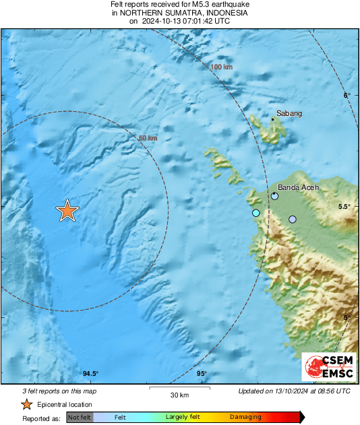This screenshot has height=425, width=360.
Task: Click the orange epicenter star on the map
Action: click(67, 211)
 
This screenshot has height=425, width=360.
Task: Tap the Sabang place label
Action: click(289, 114)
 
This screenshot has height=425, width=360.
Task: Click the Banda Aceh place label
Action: click(298, 188)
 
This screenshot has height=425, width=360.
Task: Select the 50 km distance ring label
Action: click(148, 138)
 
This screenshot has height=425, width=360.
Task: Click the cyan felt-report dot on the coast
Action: click(256, 213)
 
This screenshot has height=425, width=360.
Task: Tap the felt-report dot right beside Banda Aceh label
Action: click(275, 197)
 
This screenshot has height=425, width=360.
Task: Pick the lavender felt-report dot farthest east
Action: click(293, 219)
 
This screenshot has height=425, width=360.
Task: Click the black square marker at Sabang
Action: click(272, 120)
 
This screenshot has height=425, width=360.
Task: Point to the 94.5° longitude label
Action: click(90, 374)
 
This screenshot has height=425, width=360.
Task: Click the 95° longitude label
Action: click(201, 374)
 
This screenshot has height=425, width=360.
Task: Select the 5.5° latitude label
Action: click(343, 207)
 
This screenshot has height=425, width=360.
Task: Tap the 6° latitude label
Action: click(347, 96)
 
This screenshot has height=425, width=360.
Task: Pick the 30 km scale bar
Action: click(179, 389)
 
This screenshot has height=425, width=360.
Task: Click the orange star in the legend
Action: click(26, 404)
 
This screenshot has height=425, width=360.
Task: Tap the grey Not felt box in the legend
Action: click(80, 418)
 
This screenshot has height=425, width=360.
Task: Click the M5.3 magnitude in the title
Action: click(198, 5)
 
